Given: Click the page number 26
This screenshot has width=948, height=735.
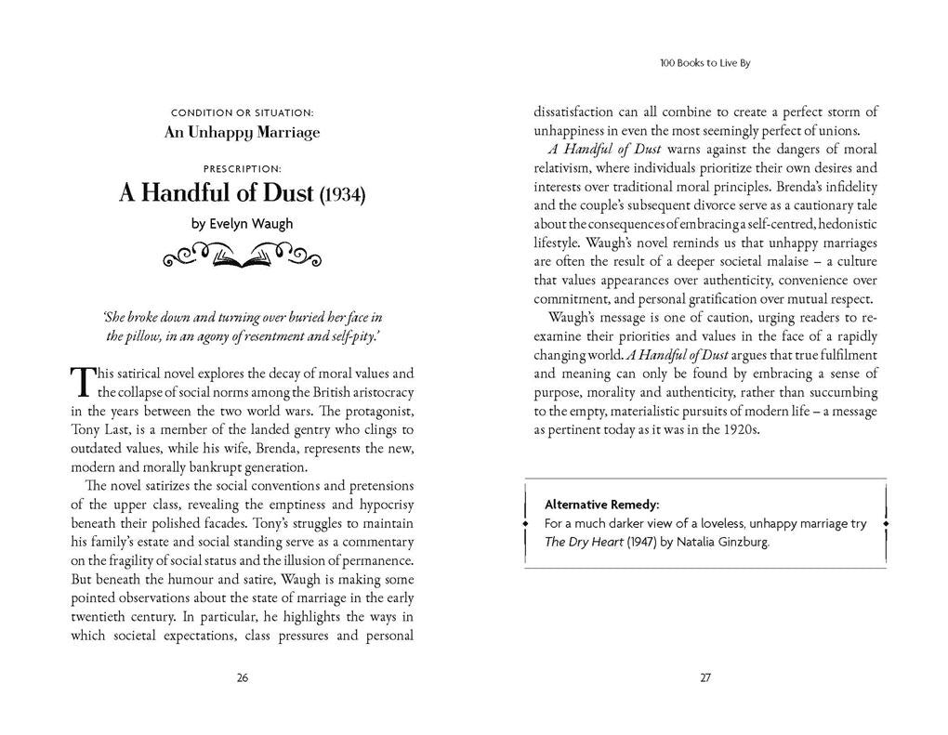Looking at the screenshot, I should coord(243,677).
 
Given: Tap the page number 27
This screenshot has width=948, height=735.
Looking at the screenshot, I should coord(705,677).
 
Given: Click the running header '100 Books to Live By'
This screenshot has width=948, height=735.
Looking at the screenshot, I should coord(704,64).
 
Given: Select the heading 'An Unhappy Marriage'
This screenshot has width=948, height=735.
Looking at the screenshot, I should coord(242,132).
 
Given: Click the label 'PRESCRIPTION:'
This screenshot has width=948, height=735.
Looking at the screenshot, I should coord(242,169).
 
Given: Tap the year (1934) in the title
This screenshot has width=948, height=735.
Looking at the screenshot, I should coord(342,196).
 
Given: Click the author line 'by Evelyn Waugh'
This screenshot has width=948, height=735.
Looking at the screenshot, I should coord(242,223).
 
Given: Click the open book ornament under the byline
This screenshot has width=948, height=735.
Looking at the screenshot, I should coord(242,256).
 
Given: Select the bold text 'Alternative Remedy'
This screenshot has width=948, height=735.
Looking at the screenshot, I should coord(600,505).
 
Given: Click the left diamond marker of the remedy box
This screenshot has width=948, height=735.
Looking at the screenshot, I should coord(525,524).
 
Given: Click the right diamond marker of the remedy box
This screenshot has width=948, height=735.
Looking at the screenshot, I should coord(885,524).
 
